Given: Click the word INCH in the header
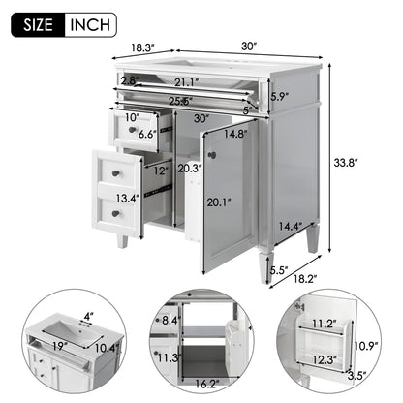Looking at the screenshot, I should tap(89, 24).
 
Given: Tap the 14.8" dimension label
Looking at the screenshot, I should tap(233, 135).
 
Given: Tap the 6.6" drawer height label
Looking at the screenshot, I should tap(148, 135).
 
